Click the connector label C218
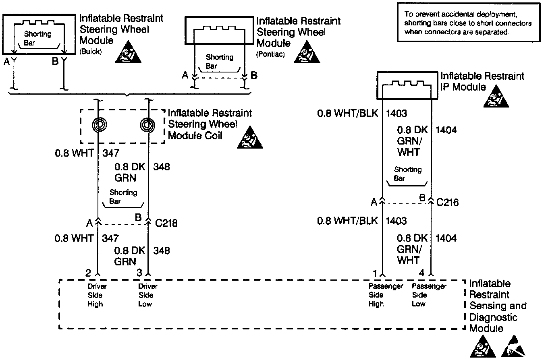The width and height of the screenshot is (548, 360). [166, 222]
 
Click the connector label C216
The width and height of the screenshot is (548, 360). [447, 202]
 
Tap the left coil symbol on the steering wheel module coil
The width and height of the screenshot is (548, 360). [98, 125]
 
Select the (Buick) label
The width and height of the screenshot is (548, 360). [91, 52]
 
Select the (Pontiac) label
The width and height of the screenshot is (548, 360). [270, 54]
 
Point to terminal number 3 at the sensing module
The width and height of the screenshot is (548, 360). [139, 273]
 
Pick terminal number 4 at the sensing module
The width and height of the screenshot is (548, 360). [421, 273]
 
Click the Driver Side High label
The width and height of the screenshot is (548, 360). [97, 295]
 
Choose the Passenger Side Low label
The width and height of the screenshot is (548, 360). [429, 295]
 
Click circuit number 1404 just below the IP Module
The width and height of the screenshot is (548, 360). [446, 130]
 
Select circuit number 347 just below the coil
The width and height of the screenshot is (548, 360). [111, 153]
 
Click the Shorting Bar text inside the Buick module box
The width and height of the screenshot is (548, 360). [37, 38]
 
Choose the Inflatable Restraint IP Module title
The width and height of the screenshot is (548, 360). [482, 81]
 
